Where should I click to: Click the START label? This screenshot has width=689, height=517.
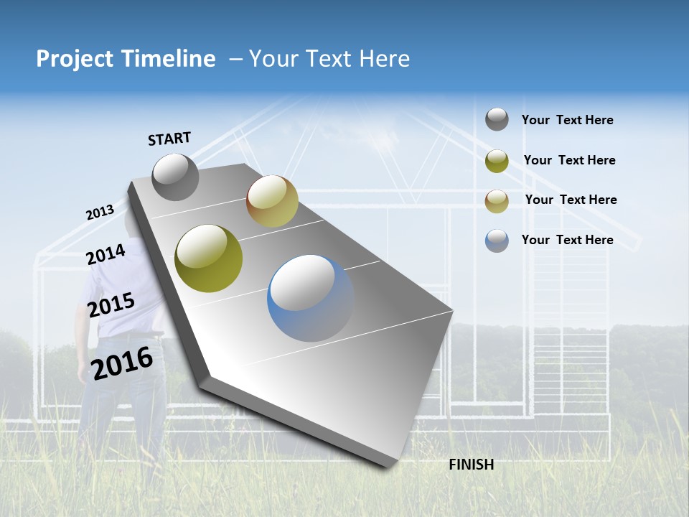(x=169, y=139)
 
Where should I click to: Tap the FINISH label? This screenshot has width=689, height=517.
(x=472, y=465)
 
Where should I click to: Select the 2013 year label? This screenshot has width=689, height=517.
(x=100, y=213)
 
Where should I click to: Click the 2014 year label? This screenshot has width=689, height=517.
(x=106, y=254)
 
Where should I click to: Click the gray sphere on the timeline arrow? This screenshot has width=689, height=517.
(x=175, y=177)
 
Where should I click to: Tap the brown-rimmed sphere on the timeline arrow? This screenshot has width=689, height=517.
(x=272, y=201)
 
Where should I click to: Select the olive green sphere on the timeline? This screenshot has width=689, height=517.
(x=209, y=258)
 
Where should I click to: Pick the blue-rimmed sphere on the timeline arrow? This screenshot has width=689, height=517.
(x=311, y=298)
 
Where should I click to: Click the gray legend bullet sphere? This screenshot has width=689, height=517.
(x=497, y=119)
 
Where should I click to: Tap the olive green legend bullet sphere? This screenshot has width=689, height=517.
(x=497, y=161)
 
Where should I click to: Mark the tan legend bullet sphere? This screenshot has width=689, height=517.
(x=497, y=200)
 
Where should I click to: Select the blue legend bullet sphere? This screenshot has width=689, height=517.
(x=497, y=241)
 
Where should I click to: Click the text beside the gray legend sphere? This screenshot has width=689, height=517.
(x=567, y=121)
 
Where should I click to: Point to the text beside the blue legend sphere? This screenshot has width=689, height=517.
(x=567, y=240)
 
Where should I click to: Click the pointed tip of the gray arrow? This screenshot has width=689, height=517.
(x=393, y=465)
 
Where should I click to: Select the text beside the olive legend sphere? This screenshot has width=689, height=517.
(x=569, y=160)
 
